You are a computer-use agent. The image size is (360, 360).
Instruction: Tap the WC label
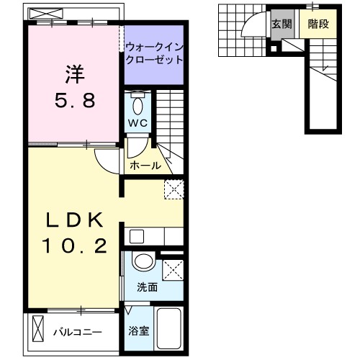(138, 122)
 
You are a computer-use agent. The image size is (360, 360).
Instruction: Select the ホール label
(145, 166)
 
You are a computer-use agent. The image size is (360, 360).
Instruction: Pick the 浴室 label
(138, 332)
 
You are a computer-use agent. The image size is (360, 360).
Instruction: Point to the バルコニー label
(77, 333)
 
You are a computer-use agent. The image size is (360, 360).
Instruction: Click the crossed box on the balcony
(38, 333)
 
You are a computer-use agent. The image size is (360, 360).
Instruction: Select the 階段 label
(318, 24)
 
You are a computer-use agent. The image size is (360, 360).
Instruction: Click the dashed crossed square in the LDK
(174, 188)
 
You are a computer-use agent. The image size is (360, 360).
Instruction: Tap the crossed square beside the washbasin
(172, 269)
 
